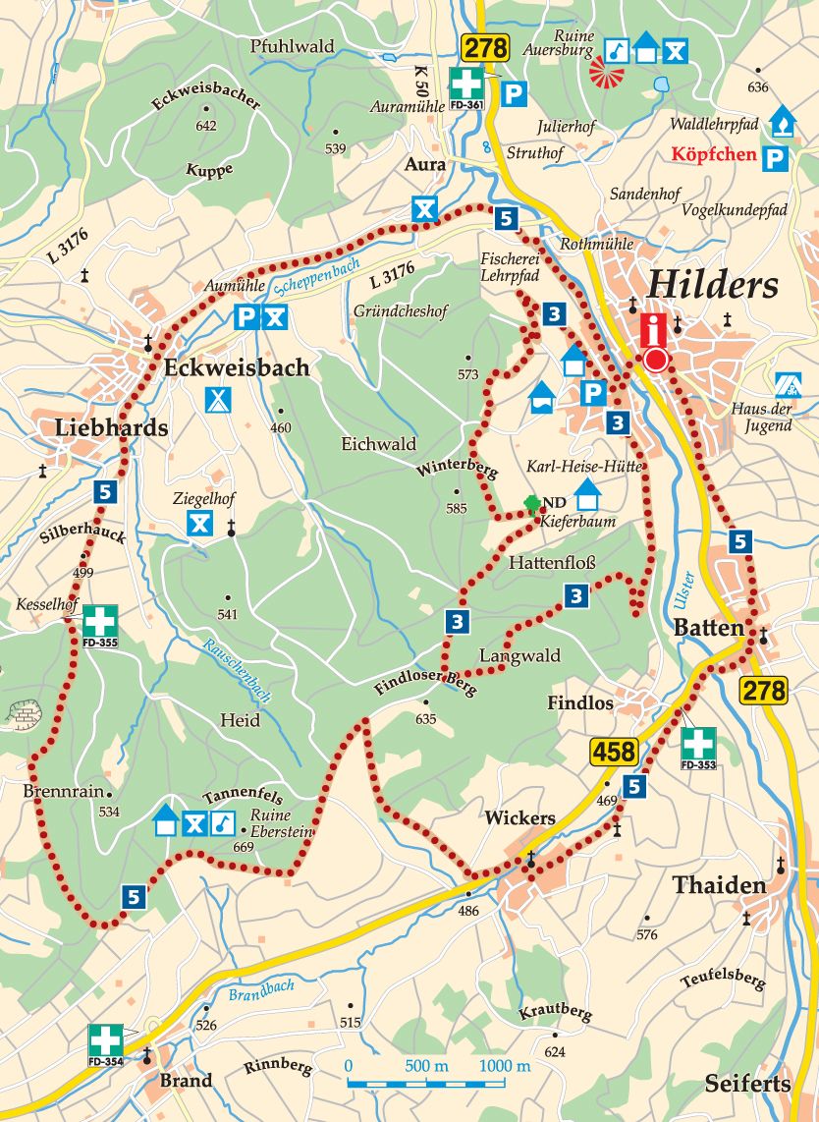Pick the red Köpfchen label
[714, 154]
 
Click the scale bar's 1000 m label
[505, 1067]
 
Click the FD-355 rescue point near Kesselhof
[99, 622]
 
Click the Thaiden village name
[719, 885]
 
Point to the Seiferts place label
[747, 1084]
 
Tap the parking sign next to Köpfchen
[776, 157]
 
